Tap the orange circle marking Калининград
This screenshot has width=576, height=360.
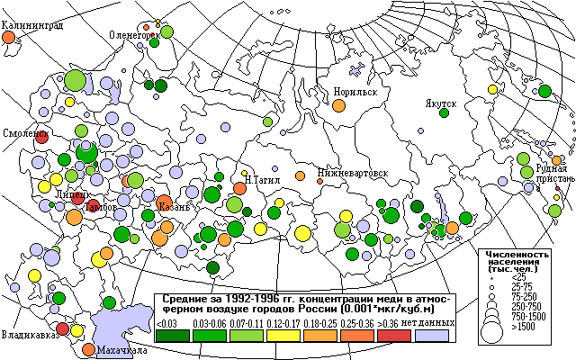[9, 39]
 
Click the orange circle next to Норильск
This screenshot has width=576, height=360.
[338, 105]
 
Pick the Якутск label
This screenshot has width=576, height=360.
[442, 103]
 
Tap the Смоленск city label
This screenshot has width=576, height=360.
[24, 132]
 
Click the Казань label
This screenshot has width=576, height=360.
[174, 207]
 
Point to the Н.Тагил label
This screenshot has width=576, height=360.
[262, 178]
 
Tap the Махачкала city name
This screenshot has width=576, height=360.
[121, 350]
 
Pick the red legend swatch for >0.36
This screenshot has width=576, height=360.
[394, 335]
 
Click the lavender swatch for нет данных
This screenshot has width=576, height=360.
[431, 335]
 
